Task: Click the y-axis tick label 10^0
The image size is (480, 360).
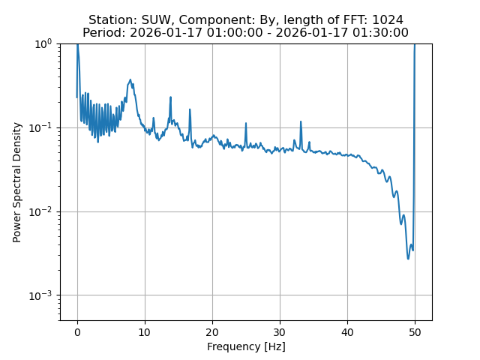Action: tap(43, 43)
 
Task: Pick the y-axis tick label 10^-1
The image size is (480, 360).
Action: tap(41, 127)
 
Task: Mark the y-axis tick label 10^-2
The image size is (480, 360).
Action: tap(41, 211)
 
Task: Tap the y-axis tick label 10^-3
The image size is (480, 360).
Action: tap(41, 295)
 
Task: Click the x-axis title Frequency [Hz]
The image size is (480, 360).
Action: tap(246, 346)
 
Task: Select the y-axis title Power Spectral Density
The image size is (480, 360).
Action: tap(17, 182)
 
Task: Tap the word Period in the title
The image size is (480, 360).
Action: tap(103, 33)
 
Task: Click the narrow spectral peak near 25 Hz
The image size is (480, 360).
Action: tap(246, 124)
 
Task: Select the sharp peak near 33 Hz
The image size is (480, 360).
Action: tap(301, 121)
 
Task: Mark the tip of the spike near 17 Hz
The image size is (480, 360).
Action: tap(190, 109)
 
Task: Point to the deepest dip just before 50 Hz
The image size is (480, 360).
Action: tap(409, 259)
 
